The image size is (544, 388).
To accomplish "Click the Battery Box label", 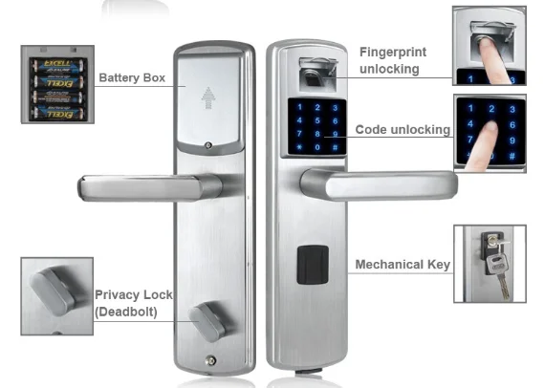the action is pyautogui.click(x=132, y=77).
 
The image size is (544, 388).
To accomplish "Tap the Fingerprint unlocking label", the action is pyautogui.click(x=393, y=60).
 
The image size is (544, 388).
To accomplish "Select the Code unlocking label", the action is pyautogui.click(x=403, y=130).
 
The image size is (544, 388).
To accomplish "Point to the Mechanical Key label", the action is pyautogui.click(x=403, y=265).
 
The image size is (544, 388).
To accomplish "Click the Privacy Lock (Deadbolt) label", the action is pyautogui.click(x=134, y=303).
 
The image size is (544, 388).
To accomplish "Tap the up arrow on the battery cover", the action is pyautogui.click(x=208, y=97).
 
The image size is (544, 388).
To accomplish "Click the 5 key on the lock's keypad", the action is pyautogui.click(x=317, y=120).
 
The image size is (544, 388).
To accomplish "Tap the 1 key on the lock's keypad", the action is pyautogui.click(x=300, y=107).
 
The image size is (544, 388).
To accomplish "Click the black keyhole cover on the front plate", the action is pyautogui.click(x=313, y=265).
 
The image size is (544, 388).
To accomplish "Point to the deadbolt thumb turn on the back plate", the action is pyautogui.click(x=207, y=321).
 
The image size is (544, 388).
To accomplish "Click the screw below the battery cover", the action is pyautogui.click(x=208, y=145).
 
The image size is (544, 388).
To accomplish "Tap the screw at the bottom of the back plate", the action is pyautogui.click(x=210, y=361).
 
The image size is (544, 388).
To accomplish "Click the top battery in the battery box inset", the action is pyautogui.click(x=57, y=65).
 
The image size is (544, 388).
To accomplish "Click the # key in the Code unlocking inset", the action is pyautogui.click(x=512, y=156).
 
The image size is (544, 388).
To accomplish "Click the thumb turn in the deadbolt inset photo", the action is pyautogui.click(x=52, y=291).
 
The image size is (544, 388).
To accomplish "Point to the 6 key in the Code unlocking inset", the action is pyautogui.click(x=512, y=125).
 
